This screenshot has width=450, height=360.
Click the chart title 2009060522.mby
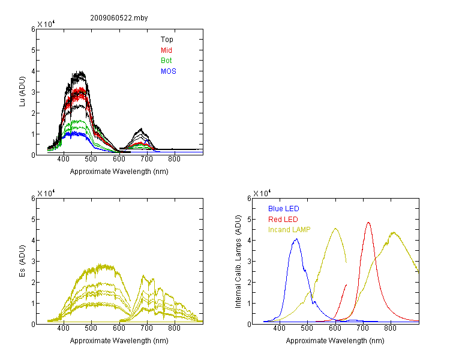pyautogui.click(x=119, y=18)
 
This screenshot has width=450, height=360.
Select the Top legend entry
pyautogui.click(x=167, y=40)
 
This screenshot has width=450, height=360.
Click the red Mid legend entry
pyautogui.click(x=166, y=50)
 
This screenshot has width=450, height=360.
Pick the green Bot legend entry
pyautogui.click(x=166, y=61)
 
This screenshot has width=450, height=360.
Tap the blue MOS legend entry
pyautogui.click(x=169, y=71)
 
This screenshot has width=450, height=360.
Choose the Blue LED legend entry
pyautogui.click(x=284, y=209)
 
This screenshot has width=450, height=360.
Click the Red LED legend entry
pyautogui.click(x=283, y=220)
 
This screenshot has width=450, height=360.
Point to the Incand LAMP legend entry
pyautogui.click(x=289, y=230)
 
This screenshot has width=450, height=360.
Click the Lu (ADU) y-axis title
pyautogui.click(x=22, y=92)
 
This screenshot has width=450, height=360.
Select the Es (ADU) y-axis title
pyautogui.click(x=22, y=261)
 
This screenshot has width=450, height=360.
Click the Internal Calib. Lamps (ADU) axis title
pyautogui.click(x=238, y=262)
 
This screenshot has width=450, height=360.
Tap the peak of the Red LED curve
pyautogui.click(x=368, y=223)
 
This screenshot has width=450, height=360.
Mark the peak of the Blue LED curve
pyautogui.click(x=296, y=239)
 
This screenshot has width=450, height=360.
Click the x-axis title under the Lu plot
pyautogui.click(x=119, y=172)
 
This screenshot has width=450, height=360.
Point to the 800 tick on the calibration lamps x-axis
pyautogui.click(x=391, y=328)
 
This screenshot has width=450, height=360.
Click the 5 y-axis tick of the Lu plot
pyautogui.click(x=33, y=50)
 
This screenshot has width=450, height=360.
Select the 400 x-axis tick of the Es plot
pyautogui.click(x=64, y=328)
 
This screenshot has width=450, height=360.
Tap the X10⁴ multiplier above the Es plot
pyautogui.click(x=46, y=193)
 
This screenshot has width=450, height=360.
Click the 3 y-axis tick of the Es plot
pyautogui.click(x=33, y=261)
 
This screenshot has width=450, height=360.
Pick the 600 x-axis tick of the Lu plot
pyautogui.click(x=119, y=159)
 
